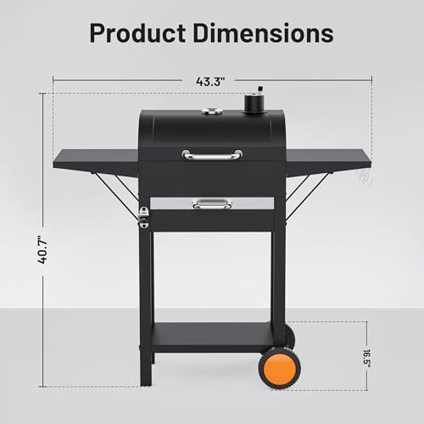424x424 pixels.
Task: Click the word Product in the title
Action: pos(137,33)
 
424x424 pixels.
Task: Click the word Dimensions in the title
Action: pos(264,33)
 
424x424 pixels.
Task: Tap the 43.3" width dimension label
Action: pos(211,81)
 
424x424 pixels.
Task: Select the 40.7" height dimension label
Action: pos(42,250)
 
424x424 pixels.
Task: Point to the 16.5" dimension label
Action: pos(367,359)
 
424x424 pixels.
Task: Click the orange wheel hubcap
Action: pos(280,368)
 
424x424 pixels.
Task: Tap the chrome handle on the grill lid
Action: pos(212,155)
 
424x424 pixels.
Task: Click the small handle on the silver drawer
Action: pos(212,204)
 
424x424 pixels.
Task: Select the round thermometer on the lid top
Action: pos(209,112)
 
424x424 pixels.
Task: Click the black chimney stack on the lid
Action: pos(254,103)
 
